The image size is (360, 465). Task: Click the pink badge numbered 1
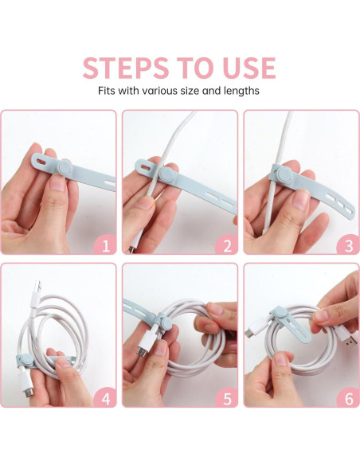tap(105, 245)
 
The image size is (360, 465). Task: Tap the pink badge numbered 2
tap(227, 245)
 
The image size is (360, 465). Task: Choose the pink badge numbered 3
tap(349, 245)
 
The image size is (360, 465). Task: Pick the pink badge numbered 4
tap(105, 398)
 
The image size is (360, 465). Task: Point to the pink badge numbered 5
tap(227, 398)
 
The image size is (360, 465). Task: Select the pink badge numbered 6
tap(349, 398)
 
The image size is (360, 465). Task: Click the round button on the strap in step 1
tap(65, 167)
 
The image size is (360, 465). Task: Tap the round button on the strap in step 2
tap(168, 174)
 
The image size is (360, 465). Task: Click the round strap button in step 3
tap(285, 174)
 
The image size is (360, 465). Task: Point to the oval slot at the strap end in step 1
tap(41, 162)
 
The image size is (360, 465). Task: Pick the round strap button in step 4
tap(27, 359)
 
